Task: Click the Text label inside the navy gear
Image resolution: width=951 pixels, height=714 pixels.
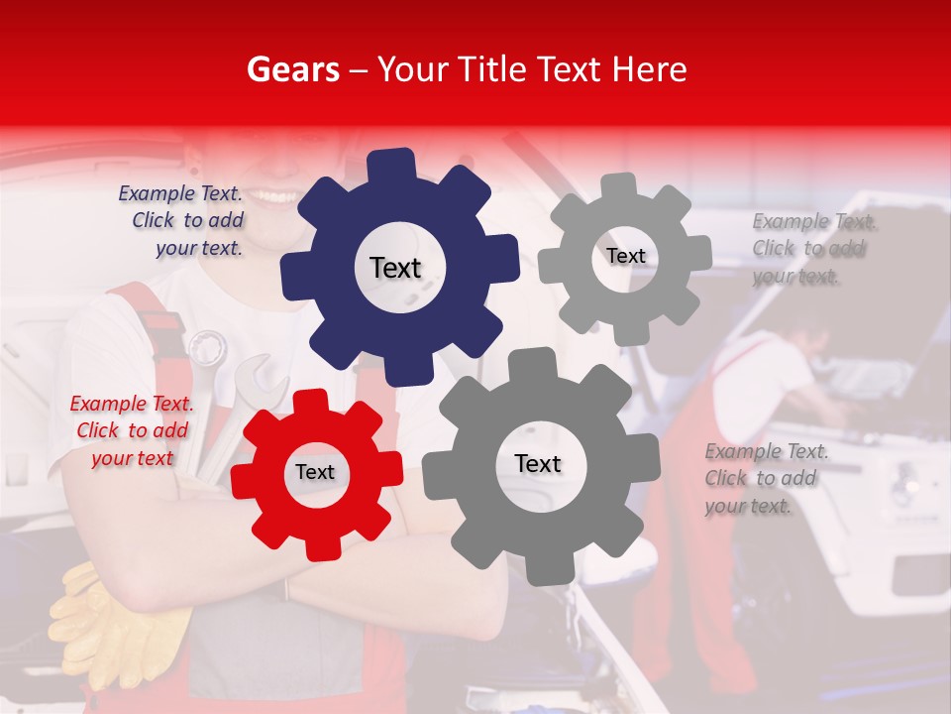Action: click(395, 268)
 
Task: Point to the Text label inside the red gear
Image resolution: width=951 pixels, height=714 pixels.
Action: click(315, 473)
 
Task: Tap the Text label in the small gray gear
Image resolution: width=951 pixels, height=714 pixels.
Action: click(626, 256)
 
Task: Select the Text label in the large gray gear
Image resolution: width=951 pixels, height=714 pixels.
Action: click(538, 464)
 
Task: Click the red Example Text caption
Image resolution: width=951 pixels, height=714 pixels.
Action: click(132, 430)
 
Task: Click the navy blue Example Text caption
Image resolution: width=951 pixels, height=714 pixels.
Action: click(181, 220)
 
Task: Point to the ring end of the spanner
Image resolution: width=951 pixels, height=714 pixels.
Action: click(207, 348)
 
